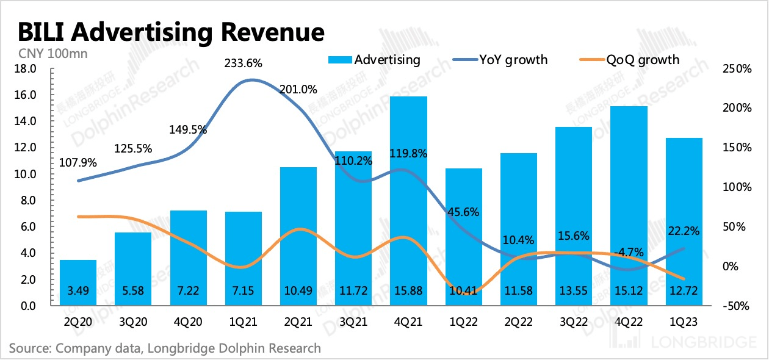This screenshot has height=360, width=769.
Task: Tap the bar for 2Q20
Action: [78, 283]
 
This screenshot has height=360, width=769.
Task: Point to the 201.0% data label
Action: [298, 90]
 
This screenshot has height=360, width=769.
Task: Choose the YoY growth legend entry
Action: [500, 60]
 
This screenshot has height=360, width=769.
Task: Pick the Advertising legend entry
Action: [375, 60]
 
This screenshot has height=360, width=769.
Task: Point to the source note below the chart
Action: [165, 348]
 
